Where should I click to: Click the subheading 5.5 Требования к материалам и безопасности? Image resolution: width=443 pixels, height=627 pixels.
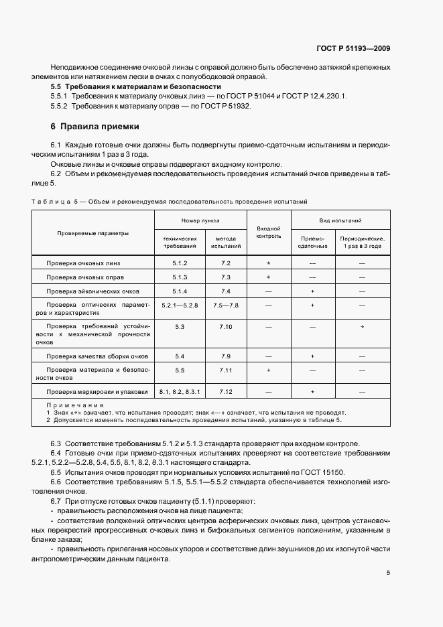(136, 87)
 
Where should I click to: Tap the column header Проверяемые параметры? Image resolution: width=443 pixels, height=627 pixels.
(93, 233)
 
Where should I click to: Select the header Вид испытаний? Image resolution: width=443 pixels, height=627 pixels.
(340, 220)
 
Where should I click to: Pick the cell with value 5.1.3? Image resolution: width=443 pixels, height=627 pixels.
(180, 277)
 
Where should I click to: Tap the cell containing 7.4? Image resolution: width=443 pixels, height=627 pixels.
(225, 291)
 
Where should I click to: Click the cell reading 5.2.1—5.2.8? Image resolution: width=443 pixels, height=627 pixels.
(180, 305)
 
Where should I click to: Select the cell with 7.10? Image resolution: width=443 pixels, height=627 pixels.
(225, 326)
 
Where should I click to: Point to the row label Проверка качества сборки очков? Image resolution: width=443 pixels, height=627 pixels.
(97, 356)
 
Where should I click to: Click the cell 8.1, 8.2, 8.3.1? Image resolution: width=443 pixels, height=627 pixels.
(180, 391)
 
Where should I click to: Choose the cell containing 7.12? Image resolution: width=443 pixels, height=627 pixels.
(225, 391)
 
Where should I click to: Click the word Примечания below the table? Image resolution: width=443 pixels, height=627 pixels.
(74, 405)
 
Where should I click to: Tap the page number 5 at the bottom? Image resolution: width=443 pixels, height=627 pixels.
(389, 573)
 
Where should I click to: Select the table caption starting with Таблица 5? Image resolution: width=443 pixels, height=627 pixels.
(170, 201)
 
